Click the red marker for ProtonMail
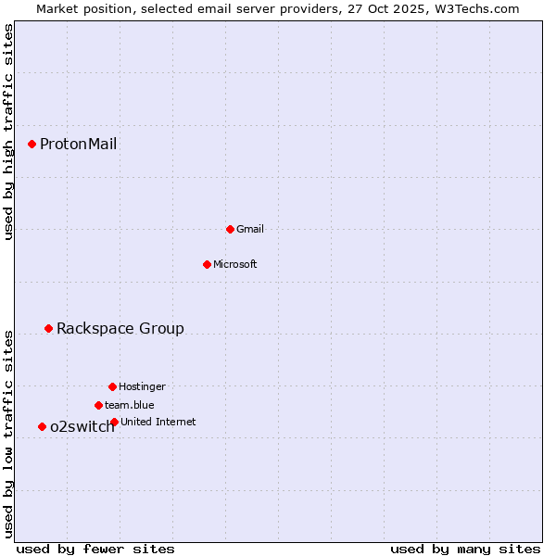coord(32,144)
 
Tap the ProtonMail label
coord(78,144)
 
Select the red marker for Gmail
coord(230,229)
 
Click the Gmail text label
coord(250,229)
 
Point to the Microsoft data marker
coord(207,264)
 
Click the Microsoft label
coord(235,264)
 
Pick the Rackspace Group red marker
coord(48,328)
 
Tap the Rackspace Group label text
coord(120,328)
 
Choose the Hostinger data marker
coord(112,386)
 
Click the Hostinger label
coord(142,386)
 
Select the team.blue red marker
coord(98,405)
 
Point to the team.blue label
coord(130,405)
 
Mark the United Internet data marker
coord(114,422)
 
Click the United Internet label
coord(158,422)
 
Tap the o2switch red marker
coord(42,426)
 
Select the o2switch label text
coord(82,426)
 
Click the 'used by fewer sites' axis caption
coord(95,549)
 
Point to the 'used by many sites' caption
coord(465,549)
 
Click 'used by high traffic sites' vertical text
coord(8,133)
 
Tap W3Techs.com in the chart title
coord(475,8)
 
